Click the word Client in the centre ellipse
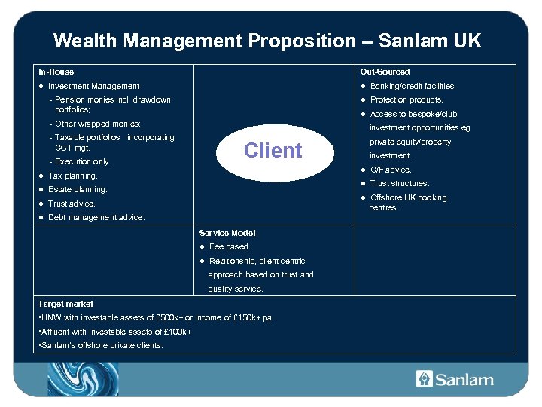[273, 150]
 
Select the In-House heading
[56, 72]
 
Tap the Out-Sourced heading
[385, 72]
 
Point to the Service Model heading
[227, 233]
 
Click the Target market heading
[65, 304]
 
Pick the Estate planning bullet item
[78, 189]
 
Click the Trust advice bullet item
[72, 203]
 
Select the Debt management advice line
[96, 217]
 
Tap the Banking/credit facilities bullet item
[413, 86]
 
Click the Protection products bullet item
[406, 99]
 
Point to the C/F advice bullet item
[391, 170]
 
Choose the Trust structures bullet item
[400, 183]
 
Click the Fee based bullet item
[230, 246]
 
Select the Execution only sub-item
[82, 161]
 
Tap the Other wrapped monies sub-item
[98, 123]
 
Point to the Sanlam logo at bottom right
[455, 379]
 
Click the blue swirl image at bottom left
[83, 379]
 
